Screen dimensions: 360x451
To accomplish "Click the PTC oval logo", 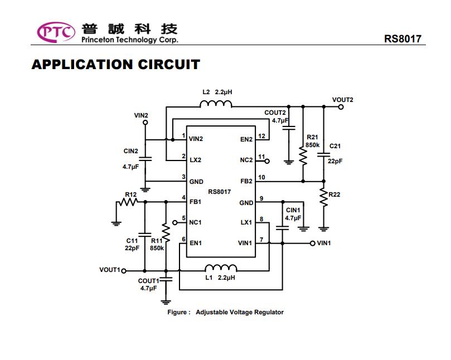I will tap(56, 32).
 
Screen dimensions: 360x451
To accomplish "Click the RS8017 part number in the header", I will tap(402, 39).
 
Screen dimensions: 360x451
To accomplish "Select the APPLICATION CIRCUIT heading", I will tap(115, 65).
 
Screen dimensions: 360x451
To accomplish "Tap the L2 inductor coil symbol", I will tap(216, 104).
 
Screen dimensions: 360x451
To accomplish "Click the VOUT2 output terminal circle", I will tap(341, 106).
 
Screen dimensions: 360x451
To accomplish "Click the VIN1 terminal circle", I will tap(312, 244).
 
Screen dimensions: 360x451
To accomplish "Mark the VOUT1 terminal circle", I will tap(124, 270).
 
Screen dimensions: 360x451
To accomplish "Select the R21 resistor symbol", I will tap(303, 156).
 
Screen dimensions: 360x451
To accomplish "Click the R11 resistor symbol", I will tap(166, 229).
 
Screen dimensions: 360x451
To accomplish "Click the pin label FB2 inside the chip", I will tap(246, 181).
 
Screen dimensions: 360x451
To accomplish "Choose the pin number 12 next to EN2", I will tap(261, 136).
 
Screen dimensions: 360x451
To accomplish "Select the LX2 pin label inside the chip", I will tap(195, 160).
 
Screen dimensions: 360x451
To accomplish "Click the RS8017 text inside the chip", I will tap(220, 192).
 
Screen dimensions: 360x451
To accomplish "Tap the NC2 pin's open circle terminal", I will tap(267, 161).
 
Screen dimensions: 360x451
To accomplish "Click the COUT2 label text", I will tap(275, 113).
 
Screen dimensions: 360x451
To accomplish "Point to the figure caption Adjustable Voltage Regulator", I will tap(239, 312).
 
